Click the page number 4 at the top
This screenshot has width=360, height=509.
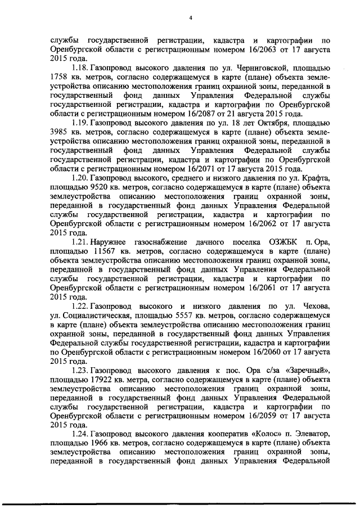191,17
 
